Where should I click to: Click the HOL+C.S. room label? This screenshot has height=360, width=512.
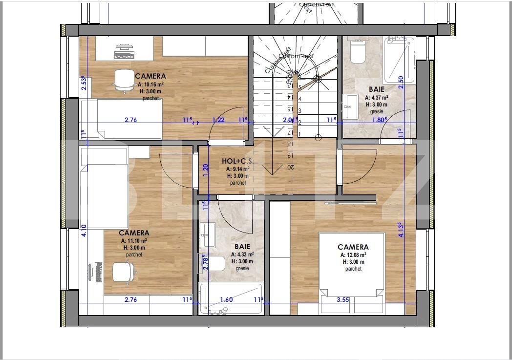pyautogui.click(x=237, y=161)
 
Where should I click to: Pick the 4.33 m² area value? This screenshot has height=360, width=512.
pyautogui.click(x=245, y=254)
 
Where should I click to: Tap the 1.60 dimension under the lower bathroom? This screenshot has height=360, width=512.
pyautogui.click(x=226, y=300)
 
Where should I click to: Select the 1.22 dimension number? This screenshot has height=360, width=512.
pyautogui.click(x=218, y=120)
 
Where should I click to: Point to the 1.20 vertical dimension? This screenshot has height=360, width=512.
pyautogui.click(x=206, y=169)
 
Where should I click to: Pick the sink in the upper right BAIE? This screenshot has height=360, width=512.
pyautogui.click(x=350, y=106)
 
